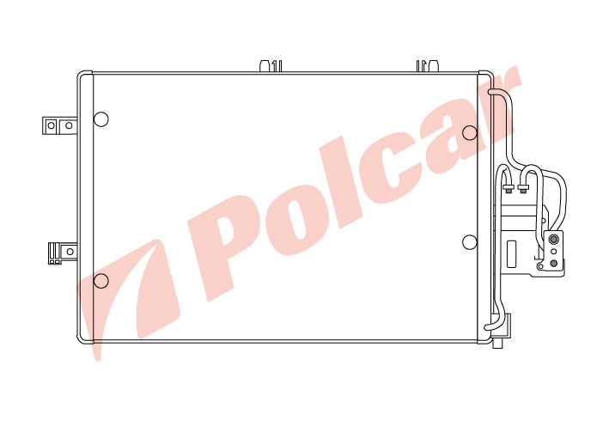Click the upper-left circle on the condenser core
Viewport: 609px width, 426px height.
[x=101, y=119]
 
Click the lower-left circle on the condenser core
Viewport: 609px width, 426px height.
[x=101, y=281]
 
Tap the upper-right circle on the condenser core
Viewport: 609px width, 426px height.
[x=470, y=133]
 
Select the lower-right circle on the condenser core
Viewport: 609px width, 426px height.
[x=470, y=242]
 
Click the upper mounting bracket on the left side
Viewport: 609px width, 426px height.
[x=59, y=125]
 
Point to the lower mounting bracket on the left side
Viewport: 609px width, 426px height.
[x=63, y=253]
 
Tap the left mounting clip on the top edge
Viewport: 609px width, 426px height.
[x=271, y=65]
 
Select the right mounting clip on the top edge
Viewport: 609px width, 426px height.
[x=428, y=65]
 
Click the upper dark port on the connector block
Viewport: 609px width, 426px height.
[x=554, y=239]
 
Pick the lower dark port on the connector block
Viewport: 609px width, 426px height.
[x=554, y=264]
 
